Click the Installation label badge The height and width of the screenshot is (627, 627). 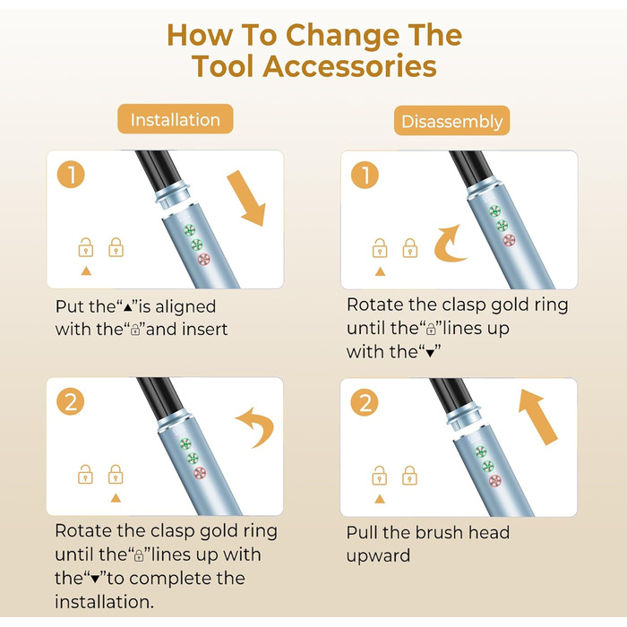(x=176, y=119)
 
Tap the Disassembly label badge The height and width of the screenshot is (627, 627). (x=451, y=121)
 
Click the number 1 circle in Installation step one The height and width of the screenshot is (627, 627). (x=71, y=175)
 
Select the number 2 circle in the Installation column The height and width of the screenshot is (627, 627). (x=71, y=401)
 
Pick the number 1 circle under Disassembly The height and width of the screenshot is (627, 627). (x=365, y=175)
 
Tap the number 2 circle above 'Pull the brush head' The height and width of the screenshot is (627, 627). (x=365, y=402)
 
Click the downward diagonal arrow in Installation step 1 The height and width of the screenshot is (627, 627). (x=246, y=198)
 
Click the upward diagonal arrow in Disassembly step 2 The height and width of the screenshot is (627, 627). (x=537, y=417)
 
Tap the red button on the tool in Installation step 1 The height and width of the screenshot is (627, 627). (x=204, y=259)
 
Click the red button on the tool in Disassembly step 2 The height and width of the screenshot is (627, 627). (x=495, y=481)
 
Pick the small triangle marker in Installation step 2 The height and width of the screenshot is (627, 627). (x=116, y=498)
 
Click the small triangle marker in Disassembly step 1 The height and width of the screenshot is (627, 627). (x=380, y=272)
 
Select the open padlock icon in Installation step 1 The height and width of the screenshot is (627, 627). (x=86, y=247)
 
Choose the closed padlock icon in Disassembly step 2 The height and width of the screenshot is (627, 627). (x=409, y=476)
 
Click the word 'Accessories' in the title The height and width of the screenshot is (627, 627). (x=349, y=66)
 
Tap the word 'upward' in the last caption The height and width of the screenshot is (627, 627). (x=378, y=556)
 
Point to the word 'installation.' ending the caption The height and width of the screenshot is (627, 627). (x=105, y=602)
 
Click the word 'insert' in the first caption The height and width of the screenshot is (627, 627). (x=205, y=329)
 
